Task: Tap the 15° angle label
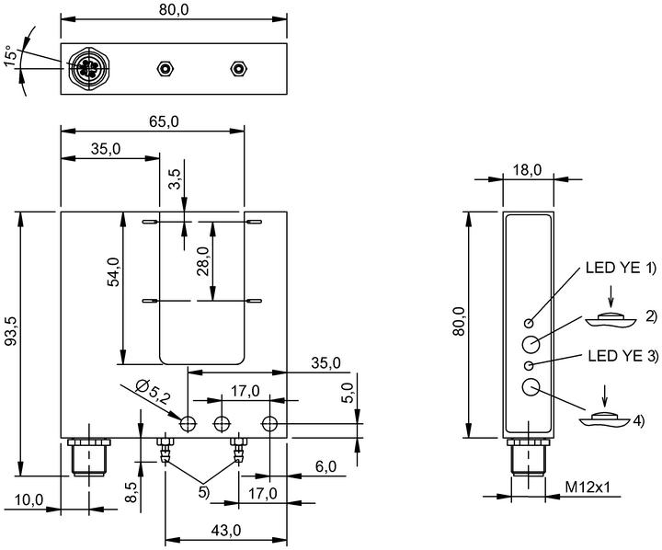point(12,55)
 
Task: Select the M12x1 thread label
point(588,487)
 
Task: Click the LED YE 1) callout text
point(621,268)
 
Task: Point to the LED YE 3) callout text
point(622,356)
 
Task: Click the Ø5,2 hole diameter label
point(154,392)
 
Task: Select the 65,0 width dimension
point(164,121)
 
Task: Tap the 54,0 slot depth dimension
point(114,271)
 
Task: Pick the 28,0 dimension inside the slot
point(203,260)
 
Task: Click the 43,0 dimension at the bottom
point(226,530)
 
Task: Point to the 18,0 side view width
point(527,170)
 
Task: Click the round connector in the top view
point(89,67)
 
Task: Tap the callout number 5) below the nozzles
point(203,492)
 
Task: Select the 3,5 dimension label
point(175,179)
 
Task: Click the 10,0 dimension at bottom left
point(29,500)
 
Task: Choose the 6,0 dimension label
point(325,466)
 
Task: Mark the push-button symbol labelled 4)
point(605,418)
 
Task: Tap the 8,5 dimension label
point(131,492)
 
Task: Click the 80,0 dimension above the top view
point(174,9)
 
